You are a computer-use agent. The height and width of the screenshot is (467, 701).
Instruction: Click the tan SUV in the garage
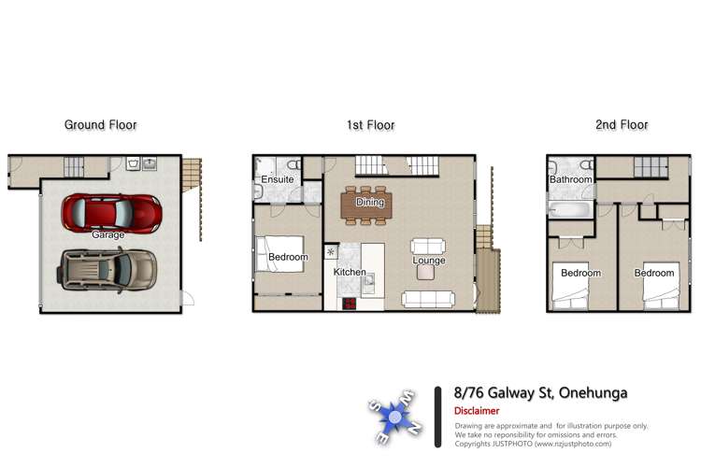coord(108,269)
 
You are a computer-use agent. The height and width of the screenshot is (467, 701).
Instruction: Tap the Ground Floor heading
coord(100,124)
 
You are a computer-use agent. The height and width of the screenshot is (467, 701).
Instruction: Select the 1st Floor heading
coord(370,124)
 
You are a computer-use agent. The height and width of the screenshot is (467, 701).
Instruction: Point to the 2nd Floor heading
coord(621,124)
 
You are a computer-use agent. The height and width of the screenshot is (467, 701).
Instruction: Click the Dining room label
coord(369,203)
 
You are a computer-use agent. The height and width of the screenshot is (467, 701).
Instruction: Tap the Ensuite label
coord(278,179)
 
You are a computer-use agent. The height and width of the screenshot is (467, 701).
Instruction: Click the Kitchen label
coord(350,272)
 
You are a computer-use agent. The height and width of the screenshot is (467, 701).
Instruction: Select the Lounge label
coord(429,261)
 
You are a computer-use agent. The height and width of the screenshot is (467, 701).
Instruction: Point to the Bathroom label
coord(571,179)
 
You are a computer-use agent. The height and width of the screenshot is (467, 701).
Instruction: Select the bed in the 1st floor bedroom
coord(279,255)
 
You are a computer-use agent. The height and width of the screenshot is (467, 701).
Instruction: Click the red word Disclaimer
coord(477,411)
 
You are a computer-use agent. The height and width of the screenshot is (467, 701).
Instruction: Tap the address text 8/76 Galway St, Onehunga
coord(540,393)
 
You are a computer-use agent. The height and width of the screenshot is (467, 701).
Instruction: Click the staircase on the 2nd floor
coord(651,167)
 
